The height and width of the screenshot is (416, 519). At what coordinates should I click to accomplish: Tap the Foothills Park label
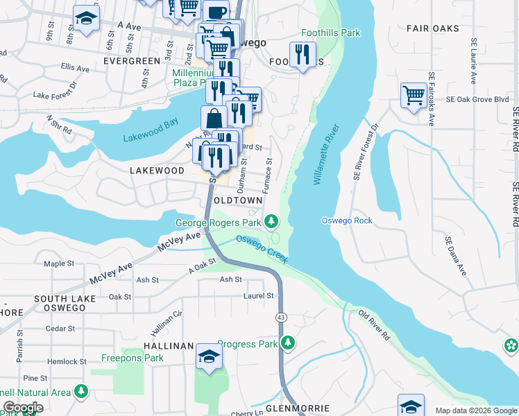[x=331, y=33]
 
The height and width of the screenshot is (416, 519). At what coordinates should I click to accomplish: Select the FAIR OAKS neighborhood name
[x=431, y=28]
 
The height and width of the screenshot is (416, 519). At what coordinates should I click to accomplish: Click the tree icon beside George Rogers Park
[x=272, y=223]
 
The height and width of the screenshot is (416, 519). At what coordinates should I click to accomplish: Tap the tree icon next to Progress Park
[x=288, y=343]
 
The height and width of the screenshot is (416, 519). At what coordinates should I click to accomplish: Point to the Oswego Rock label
[x=347, y=220]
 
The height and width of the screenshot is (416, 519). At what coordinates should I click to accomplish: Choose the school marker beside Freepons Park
[x=209, y=356]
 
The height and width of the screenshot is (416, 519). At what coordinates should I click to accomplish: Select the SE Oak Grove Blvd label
[x=473, y=99]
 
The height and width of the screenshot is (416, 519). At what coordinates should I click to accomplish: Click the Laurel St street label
[x=259, y=296]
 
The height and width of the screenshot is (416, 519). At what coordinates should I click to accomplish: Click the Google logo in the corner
[x=23, y=408]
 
